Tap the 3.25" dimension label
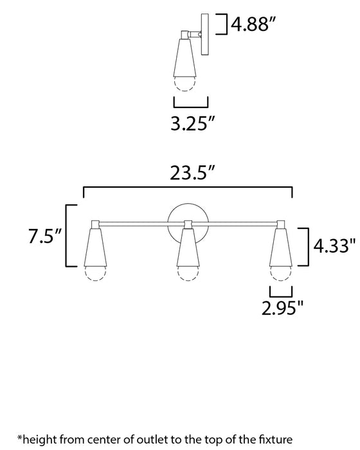point(191,124)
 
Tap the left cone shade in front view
point(95,248)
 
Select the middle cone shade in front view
point(188,248)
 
